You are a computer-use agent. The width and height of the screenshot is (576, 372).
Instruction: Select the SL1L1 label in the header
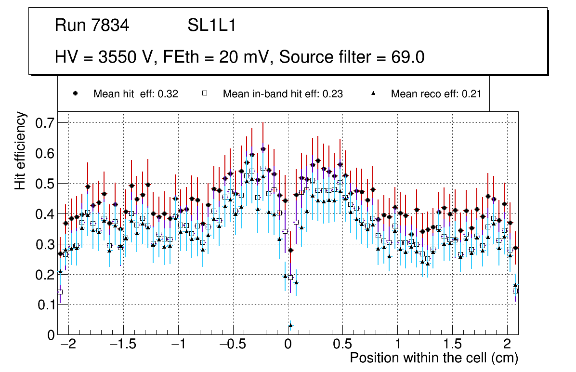[211, 26]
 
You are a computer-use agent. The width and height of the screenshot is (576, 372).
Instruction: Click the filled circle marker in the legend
[75, 94]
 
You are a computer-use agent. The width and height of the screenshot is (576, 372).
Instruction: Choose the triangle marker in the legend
[373, 94]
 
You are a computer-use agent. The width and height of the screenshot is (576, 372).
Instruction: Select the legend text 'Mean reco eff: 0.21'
[436, 94]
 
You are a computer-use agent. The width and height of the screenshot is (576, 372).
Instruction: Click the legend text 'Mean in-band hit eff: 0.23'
[283, 94]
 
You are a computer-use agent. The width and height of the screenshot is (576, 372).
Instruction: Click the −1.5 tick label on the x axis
[120, 345]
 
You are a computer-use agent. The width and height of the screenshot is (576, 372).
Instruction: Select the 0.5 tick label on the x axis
[343, 345]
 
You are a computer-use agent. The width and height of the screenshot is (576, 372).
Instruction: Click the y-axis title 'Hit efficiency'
[20, 150]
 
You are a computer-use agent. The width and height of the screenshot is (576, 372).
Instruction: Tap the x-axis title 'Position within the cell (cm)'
[433, 358]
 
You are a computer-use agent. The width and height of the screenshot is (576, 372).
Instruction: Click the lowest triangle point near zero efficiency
[290, 326]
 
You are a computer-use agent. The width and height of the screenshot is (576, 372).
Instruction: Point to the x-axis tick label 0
[288, 345]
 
